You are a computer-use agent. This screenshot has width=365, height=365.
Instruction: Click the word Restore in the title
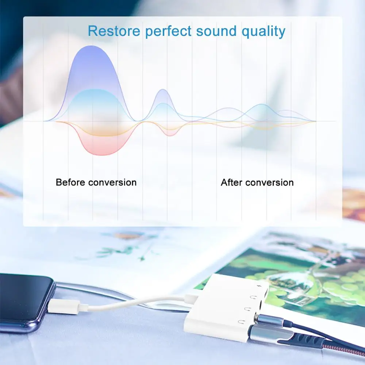pyautogui.click(x=114, y=31)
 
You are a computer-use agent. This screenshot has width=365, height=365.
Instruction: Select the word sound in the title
pyautogui.click(x=216, y=31)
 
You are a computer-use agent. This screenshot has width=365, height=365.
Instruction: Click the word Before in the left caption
pyautogui.click(x=70, y=182)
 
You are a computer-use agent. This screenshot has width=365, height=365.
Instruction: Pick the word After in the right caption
pyautogui.click(x=231, y=182)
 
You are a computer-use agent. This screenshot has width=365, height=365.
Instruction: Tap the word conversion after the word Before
pyautogui.click(x=112, y=182)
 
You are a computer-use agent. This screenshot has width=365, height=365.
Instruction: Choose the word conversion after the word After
pyautogui.click(x=270, y=182)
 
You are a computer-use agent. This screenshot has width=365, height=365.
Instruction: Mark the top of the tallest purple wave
pyautogui.click(x=91, y=46)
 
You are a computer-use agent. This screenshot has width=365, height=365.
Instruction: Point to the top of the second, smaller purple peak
pyautogui.click(x=163, y=90)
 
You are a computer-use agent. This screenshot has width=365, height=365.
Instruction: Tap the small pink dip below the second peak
pyautogui.click(x=170, y=135)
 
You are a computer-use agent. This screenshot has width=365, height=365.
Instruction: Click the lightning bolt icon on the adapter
pyautogui.click(x=259, y=285)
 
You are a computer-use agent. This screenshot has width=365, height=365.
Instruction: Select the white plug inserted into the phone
pyautogui.click(x=64, y=306)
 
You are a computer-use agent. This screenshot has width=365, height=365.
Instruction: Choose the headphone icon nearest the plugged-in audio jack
pyautogui.click(x=241, y=322)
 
